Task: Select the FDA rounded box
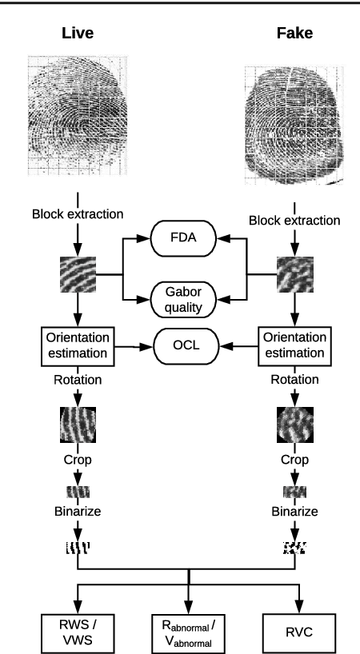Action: pyautogui.click(x=187, y=238)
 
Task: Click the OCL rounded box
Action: pyautogui.click(x=187, y=347)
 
